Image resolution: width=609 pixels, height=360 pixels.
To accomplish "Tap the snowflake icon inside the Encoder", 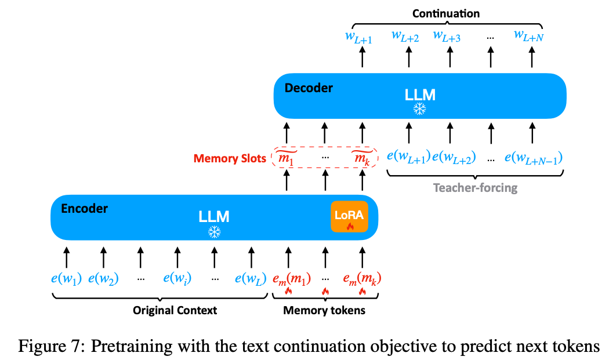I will tap(215, 232).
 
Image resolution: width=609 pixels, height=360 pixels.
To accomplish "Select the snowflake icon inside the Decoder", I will tap(419, 110).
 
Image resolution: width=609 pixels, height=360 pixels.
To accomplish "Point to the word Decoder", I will tap(309, 88).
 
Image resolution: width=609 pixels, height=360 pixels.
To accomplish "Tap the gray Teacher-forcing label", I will tap(475, 188).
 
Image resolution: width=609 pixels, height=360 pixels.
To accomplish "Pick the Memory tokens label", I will tap(324, 310).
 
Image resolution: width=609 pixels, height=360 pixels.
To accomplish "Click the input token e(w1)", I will tap(66, 278).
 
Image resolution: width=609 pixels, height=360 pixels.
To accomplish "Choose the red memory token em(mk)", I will tap(362, 278).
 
